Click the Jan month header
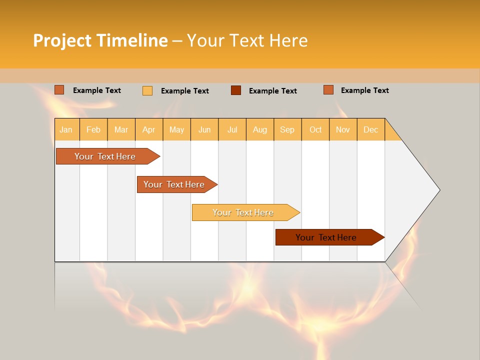point(66,129)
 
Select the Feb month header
point(93,129)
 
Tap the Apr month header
point(148,129)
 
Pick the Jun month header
point(204,129)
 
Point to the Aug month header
point(259,129)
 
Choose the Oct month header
point(315,129)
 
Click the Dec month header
point(370,129)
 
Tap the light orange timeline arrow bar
point(244,212)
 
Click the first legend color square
point(59,90)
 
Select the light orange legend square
point(147,90)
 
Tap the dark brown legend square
point(236,90)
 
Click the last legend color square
point(328,90)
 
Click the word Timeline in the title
point(132,40)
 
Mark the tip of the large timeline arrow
point(439,190)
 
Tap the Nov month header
point(343,129)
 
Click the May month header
point(176,129)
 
